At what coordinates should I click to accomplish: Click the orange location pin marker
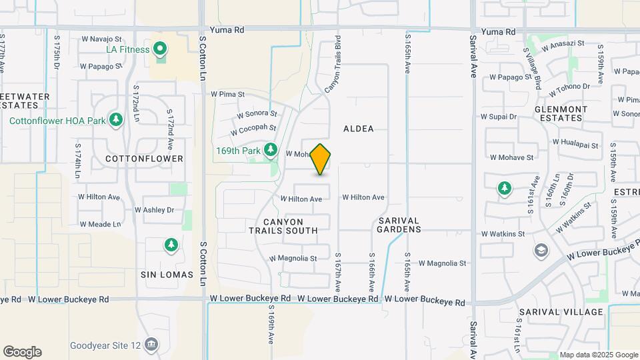tap(321, 159)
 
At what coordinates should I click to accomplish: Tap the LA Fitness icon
tap(160, 49)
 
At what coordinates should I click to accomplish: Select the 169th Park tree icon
tap(271, 150)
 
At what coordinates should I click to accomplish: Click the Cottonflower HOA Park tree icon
tap(117, 120)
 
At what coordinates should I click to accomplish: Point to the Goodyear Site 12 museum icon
tap(151, 345)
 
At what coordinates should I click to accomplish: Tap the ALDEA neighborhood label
tap(359, 129)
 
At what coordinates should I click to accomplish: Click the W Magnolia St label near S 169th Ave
tap(293, 258)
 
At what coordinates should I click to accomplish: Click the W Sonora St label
tap(256, 114)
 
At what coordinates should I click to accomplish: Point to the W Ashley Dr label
tap(154, 209)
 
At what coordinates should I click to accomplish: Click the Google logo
tap(22, 351)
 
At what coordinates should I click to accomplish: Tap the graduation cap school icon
tap(541, 251)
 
